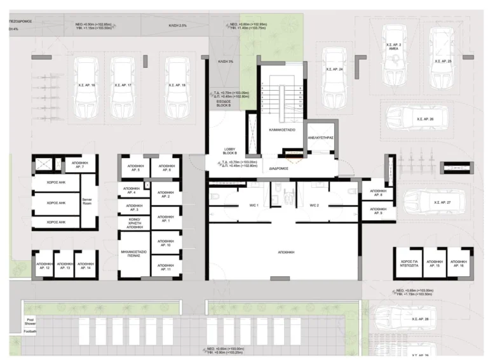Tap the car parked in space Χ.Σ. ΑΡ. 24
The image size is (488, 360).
[334, 77]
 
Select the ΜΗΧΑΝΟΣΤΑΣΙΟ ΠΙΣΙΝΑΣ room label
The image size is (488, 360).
[134, 255]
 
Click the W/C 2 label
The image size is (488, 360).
[314, 205]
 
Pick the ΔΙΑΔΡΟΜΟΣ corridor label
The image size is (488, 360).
[280, 169]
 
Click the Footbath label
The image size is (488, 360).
[30, 331]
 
